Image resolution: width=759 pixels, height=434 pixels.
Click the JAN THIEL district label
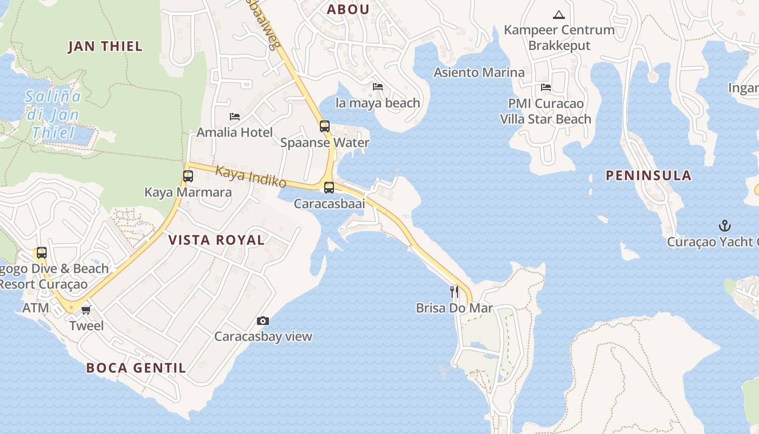click(105, 47)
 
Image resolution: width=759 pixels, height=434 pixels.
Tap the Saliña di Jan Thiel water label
click(54, 114)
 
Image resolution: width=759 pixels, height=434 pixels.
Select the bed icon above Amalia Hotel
click(235, 117)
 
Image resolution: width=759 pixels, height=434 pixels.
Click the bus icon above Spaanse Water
click(325, 126)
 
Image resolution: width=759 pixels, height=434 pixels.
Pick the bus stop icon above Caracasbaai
click(329, 188)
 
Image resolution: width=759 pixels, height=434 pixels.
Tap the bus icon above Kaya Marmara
click(188, 176)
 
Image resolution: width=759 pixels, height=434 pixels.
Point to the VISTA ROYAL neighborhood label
click(216, 240)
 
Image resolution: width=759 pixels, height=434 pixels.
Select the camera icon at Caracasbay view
click(263, 321)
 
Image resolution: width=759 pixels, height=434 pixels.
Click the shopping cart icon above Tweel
click(86, 310)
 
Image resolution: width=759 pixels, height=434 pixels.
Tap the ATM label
click(36, 308)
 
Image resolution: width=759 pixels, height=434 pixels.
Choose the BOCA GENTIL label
click(136, 368)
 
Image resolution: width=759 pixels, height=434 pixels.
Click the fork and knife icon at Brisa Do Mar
click(454, 292)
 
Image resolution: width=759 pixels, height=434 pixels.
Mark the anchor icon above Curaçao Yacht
click(725, 226)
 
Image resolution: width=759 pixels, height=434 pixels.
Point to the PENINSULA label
click(648, 175)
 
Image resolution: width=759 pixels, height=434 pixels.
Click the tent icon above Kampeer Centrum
click(559, 15)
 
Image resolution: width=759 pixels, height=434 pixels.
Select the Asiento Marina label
click(479, 72)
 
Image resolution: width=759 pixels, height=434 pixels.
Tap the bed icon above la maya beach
click(378, 87)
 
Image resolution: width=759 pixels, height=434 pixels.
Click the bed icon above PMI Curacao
click(546, 87)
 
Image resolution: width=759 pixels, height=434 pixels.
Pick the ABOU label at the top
click(348, 9)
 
